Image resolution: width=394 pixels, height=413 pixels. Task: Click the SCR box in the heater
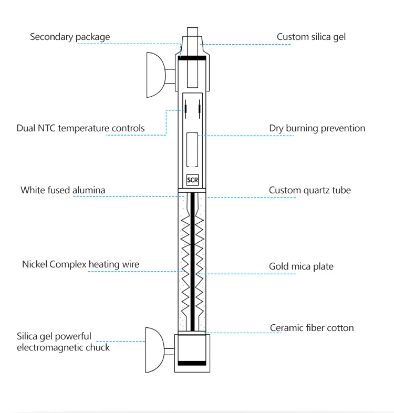click(x=192, y=180)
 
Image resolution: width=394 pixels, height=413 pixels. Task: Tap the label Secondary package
click(x=70, y=37)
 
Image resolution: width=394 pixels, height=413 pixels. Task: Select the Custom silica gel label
click(x=311, y=37)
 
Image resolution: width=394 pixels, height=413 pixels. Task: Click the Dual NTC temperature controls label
click(x=80, y=128)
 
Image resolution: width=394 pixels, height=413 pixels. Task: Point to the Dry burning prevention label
click(x=317, y=128)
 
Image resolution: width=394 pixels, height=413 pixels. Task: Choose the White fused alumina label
click(x=63, y=190)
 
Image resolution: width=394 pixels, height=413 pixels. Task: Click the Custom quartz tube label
click(x=310, y=190)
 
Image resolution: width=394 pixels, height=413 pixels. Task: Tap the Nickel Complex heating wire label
click(x=80, y=264)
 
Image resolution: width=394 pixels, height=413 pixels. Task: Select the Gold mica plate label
click(x=301, y=266)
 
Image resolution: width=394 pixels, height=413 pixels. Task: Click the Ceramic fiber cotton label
click(x=312, y=328)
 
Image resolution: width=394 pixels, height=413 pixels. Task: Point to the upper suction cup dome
click(x=156, y=75)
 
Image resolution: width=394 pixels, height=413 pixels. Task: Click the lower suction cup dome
click(x=155, y=350)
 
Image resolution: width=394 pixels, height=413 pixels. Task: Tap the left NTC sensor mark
click(x=185, y=109)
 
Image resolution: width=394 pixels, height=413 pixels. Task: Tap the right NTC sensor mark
click(x=200, y=109)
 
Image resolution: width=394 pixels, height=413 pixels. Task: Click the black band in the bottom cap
click(x=192, y=363)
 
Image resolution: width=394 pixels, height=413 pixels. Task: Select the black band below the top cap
click(x=192, y=58)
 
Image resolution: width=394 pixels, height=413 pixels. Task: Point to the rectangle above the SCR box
click(x=192, y=150)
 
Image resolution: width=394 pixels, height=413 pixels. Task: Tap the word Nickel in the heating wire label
click(x=35, y=264)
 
